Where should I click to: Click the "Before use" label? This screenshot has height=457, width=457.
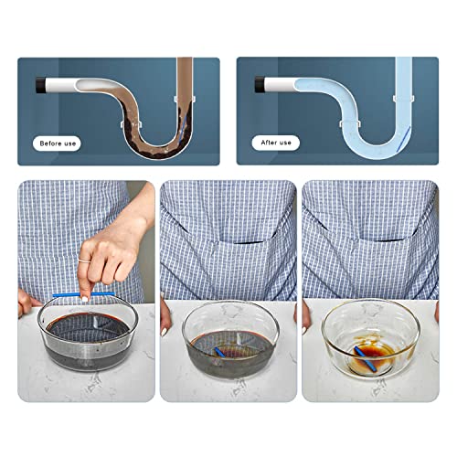(58, 143)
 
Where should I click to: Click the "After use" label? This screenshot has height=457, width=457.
(276, 143)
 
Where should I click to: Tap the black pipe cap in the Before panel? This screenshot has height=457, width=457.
(41, 86)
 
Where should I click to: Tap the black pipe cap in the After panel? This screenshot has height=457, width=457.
(260, 85)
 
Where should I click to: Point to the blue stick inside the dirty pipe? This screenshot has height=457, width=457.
(183, 129)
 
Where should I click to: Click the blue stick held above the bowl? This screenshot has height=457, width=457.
(84, 294)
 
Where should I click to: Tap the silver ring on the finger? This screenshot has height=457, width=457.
(84, 260)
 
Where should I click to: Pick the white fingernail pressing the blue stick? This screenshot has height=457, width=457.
(85, 299)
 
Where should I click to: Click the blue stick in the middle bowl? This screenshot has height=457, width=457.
(219, 352)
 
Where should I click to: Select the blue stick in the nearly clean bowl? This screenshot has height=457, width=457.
(366, 358)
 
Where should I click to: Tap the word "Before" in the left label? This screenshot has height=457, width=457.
(49, 143)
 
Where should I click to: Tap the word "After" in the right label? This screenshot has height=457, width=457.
(268, 143)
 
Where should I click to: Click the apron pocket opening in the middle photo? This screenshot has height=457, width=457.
(240, 242)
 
